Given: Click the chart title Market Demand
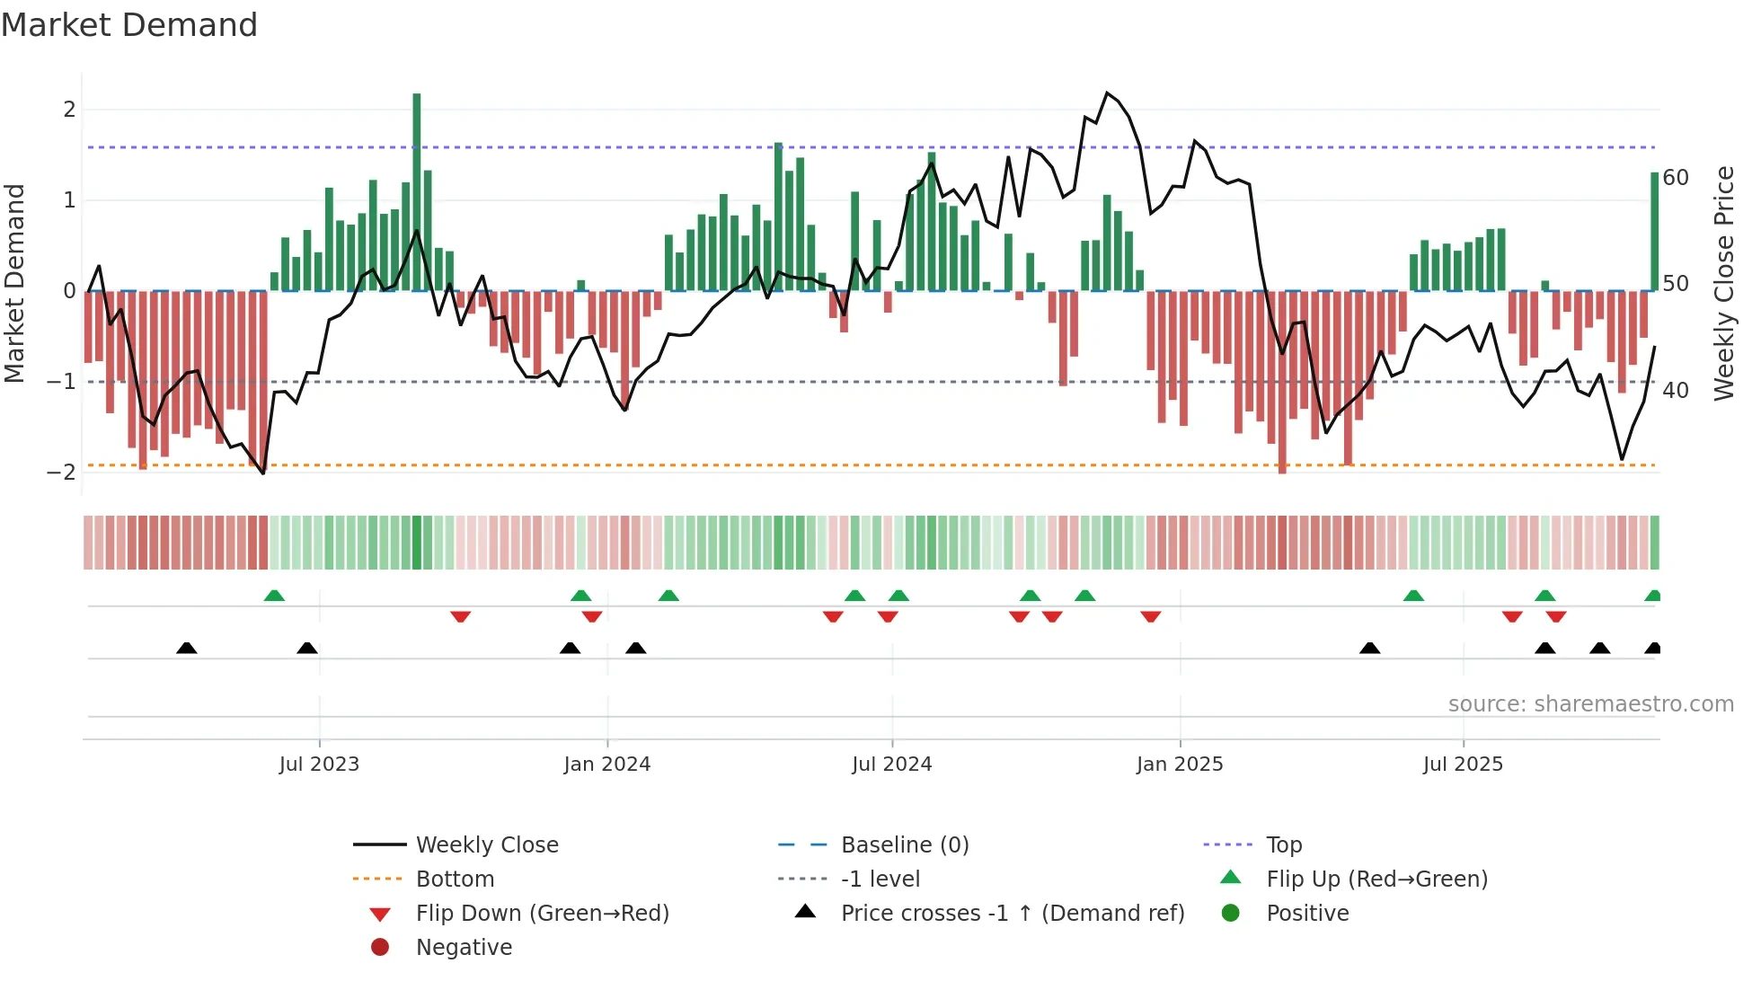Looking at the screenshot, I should [x=129, y=25].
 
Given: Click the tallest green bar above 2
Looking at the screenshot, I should [x=417, y=180].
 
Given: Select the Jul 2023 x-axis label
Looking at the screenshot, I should [x=319, y=765].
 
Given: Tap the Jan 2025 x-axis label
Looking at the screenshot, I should [x=1180, y=765].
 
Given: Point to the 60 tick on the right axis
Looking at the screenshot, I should [x=1676, y=178].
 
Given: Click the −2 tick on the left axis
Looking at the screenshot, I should [x=62, y=473].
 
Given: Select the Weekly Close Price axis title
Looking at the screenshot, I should [x=1724, y=283].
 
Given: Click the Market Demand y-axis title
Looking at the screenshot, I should [x=15, y=283].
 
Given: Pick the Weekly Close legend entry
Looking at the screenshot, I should [x=487, y=845].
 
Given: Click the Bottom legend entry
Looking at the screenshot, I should [x=455, y=880].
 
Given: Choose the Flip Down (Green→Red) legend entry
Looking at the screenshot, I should [x=542, y=914].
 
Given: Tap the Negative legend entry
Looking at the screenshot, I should [x=464, y=948].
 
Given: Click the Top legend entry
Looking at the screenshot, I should [x=1284, y=845].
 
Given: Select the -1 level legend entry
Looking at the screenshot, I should [x=880, y=880].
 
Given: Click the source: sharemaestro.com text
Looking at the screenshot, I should [x=1590, y=704].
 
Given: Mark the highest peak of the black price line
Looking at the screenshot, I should [x=1107, y=93].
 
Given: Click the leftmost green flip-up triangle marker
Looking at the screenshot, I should [x=274, y=596].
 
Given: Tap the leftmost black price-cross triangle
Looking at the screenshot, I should [x=186, y=648].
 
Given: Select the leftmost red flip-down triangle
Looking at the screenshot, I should [x=460, y=616].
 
